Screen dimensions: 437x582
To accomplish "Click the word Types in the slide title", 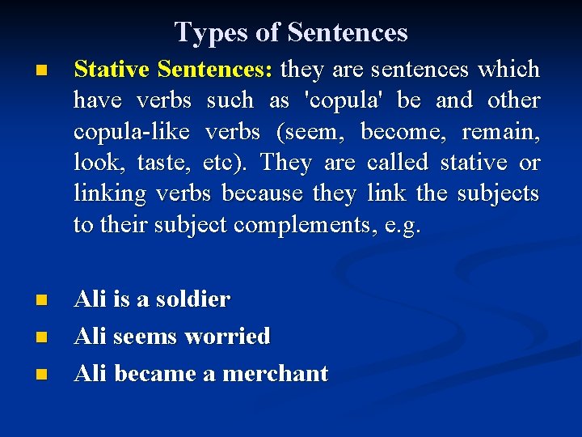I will [203, 32].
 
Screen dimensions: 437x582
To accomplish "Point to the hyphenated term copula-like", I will [133, 132].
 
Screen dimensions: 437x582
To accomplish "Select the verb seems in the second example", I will [148, 337].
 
